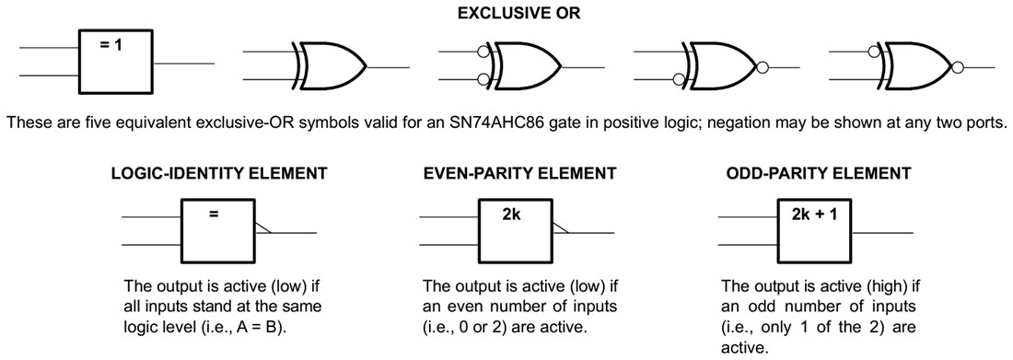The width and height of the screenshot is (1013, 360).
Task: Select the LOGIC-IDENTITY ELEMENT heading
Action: (x=219, y=173)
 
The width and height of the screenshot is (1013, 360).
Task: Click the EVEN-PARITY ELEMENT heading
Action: (x=518, y=173)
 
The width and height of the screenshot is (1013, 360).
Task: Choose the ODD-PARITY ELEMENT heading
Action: (x=819, y=173)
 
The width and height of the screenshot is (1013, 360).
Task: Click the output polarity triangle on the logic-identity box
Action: (x=262, y=226)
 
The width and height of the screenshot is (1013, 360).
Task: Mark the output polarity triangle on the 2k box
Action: (x=561, y=226)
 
